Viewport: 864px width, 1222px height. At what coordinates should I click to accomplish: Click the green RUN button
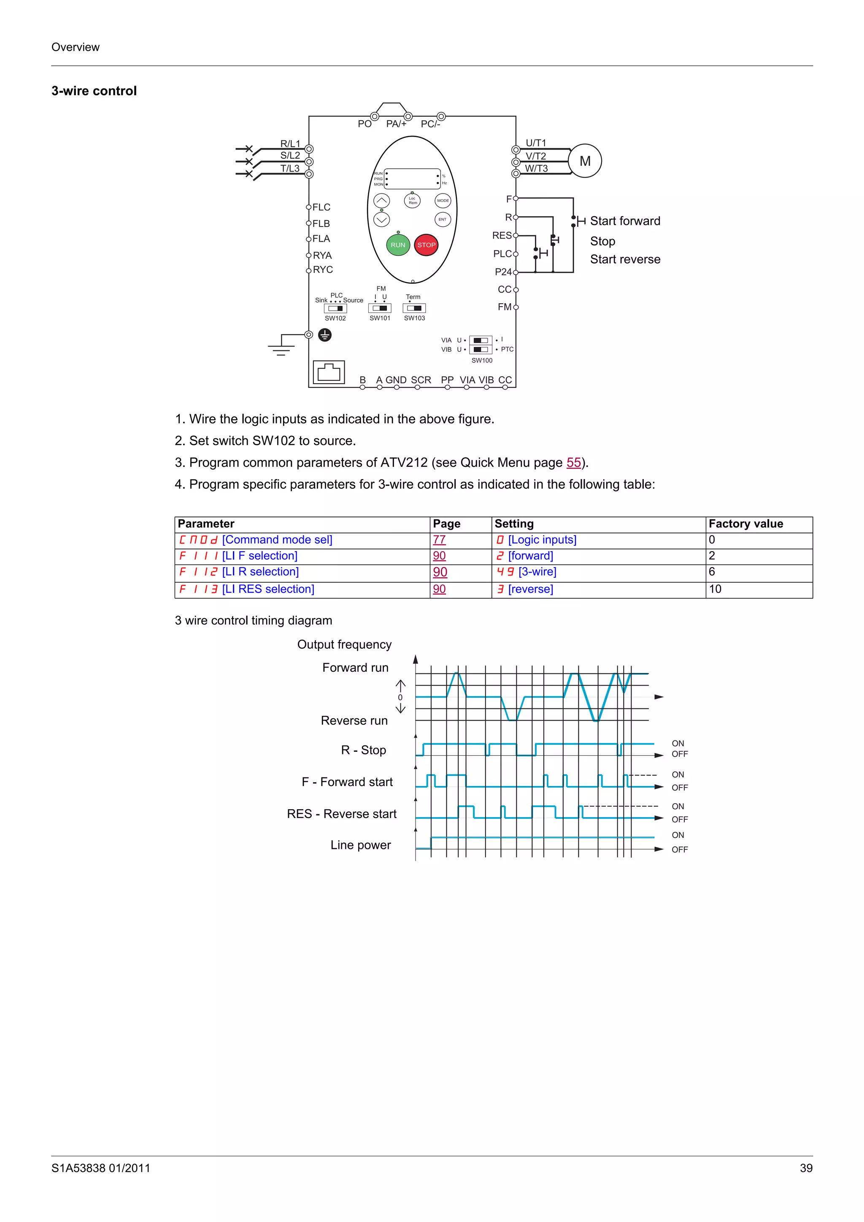click(x=398, y=245)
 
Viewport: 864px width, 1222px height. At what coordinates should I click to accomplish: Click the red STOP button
click(x=426, y=245)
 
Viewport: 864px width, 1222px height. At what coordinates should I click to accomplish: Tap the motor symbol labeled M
click(x=585, y=161)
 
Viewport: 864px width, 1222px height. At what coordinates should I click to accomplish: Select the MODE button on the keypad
click(x=443, y=201)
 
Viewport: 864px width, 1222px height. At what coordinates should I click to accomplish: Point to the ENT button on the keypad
click(x=443, y=219)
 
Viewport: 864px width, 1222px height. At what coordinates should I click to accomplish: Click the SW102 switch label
click(x=335, y=318)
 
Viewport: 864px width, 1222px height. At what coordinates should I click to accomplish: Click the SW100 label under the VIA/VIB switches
click(x=482, y=361)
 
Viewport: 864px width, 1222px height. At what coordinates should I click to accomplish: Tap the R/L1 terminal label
click(x=290, y=144)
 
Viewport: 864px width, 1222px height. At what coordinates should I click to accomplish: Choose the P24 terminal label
click(x=502, y=272)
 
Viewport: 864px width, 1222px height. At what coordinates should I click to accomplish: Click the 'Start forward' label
click(x=624, y=221)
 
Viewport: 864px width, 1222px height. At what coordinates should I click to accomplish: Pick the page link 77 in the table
click(x=439, y=540)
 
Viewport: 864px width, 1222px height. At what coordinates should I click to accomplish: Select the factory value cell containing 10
click(x=715, y=589)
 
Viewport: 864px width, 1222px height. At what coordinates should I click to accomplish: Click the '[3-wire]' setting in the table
click(x=537, y=572)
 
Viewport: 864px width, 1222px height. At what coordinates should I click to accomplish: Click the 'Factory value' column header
click(x=745, y=524)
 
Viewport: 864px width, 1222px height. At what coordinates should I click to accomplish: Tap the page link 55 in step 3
click(x=573, y=463)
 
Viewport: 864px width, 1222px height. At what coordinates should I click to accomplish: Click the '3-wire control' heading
click(x=94, y=91)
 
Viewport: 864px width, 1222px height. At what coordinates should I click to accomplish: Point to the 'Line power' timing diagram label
click(x=360, y=845)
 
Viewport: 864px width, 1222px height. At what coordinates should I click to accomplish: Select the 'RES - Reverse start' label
click(x=342, y=814)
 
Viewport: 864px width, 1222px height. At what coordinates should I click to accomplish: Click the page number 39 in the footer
click(x=806, y=1168)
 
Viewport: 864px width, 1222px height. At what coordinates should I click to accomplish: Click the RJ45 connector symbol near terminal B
click(x=329, y=372)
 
